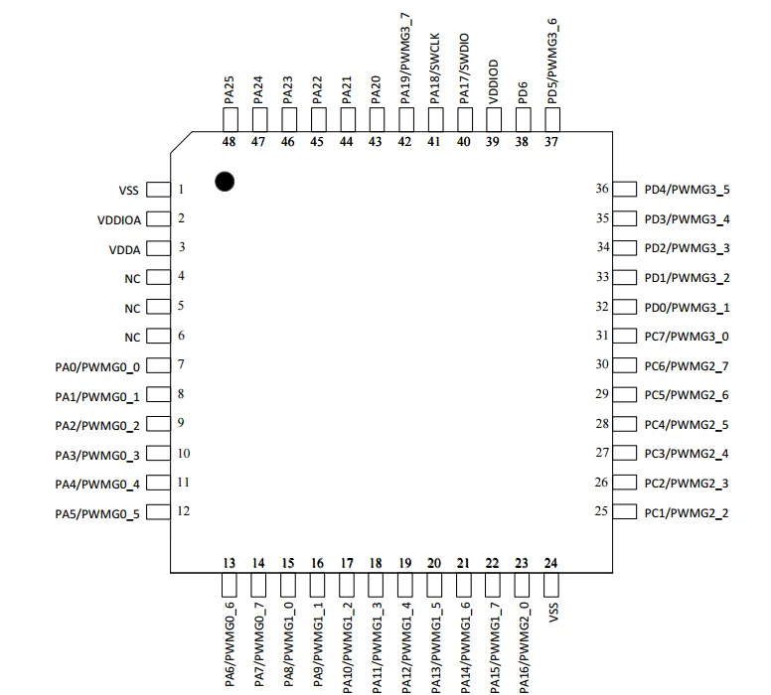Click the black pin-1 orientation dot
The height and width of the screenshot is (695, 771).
[225, 182]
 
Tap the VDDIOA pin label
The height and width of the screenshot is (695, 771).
[119, 220]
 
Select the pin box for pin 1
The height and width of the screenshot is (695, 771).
[158, 190]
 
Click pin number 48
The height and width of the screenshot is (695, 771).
[229, 142]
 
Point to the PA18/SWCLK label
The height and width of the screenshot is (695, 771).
[434, 69]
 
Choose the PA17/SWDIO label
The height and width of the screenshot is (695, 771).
[464, 69]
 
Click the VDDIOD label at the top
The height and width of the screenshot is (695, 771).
[494, 82]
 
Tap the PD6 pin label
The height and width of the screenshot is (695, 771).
[523, 93]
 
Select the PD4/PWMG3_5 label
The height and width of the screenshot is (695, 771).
[687, 190]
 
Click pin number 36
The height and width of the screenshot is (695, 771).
[602, 189]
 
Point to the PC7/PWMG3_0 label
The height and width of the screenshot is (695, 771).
[687, 337]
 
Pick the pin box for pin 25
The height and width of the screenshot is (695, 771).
[625, 511]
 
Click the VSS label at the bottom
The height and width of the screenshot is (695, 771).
[553, 613]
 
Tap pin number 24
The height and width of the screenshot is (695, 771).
[550, 563]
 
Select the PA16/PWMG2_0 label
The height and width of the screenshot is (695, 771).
[525, 647]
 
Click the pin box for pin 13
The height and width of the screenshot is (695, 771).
[230, 585]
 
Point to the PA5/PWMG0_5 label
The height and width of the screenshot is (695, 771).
[97, 514]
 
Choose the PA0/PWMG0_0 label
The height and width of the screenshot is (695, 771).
[97, 367]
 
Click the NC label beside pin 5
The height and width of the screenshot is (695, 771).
[132, 309]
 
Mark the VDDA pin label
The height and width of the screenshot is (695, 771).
[125, 250]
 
